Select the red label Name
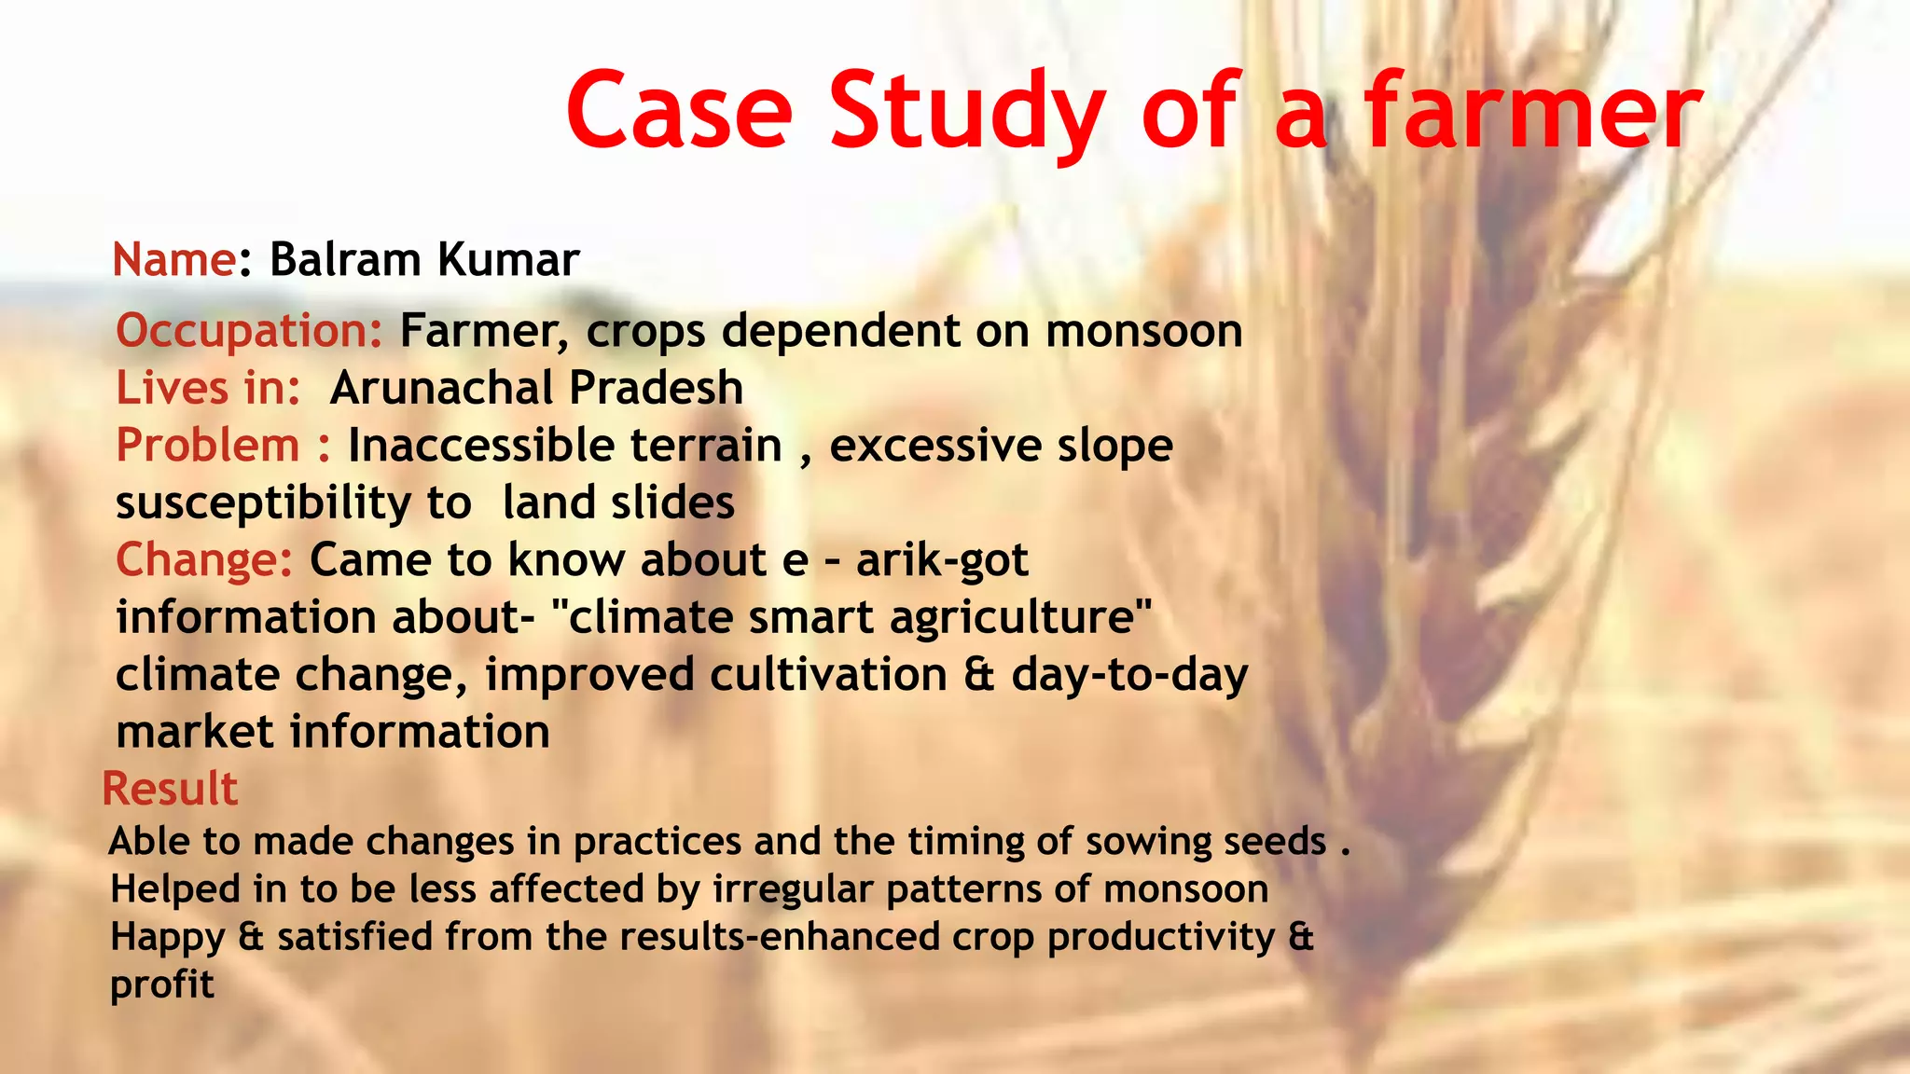pos(173,259)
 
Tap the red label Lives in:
pos(208,388)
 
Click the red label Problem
pos(207,446)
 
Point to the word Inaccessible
pos(564,446)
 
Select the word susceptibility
pos(262,503)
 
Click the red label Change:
pos(204,560)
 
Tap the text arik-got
pos(942,560)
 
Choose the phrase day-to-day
pos(1128,675)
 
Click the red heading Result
pos(170,789)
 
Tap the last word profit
pos(162,984)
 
